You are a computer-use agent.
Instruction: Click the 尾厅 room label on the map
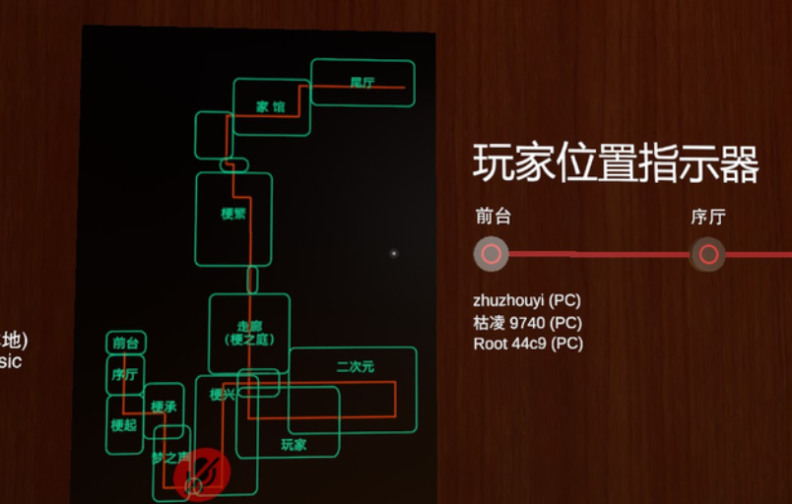[363, 83]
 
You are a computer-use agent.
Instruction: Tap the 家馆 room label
[270, 106]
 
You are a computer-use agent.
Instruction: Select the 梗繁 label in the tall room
[233, 214]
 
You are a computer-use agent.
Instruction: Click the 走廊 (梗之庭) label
[248, 333]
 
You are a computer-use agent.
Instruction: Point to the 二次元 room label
[355, 367]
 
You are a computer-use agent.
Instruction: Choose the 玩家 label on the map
[294, 445]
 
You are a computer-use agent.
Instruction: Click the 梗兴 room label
[223, 396]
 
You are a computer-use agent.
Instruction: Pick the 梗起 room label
[124, 426]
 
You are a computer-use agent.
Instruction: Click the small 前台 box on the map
[125, 344]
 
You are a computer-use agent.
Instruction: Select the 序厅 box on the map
[125, 375]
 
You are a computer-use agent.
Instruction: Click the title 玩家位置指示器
[616, 163]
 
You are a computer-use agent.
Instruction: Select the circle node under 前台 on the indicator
[491, 254]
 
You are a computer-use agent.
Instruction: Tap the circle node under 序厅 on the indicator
[707, 254]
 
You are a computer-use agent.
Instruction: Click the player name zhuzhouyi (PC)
[527, 299]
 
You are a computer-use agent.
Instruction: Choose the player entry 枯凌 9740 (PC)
[527, 322]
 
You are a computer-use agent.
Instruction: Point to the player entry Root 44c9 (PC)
[527, 344]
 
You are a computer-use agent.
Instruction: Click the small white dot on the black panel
[394, 253]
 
